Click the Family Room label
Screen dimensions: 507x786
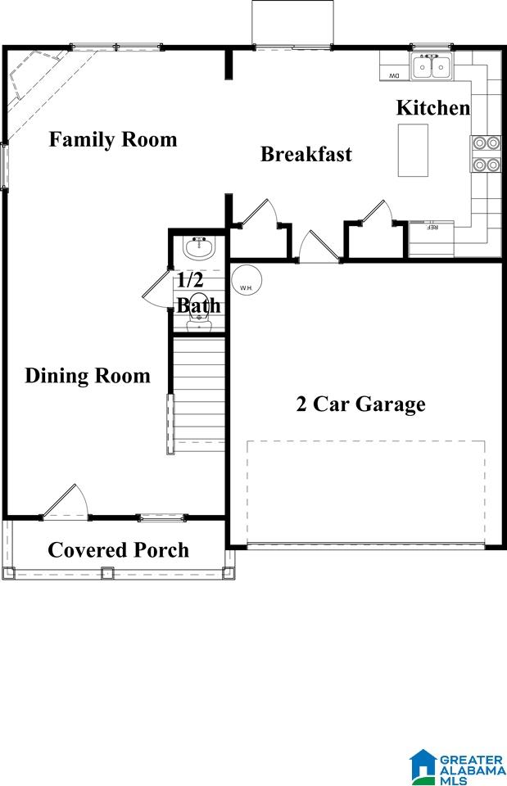point(113,139)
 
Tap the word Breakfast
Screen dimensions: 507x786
point(306,154)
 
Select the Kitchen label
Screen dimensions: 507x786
point(433,108)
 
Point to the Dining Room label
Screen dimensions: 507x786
point(88,376)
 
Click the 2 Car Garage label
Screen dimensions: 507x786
point(360,404)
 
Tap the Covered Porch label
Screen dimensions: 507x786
point(118,550)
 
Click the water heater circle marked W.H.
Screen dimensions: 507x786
point(247,281)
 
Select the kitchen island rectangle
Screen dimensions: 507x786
point(414,151)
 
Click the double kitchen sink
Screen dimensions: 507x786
point(432,66)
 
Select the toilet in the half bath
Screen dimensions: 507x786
point(198,312)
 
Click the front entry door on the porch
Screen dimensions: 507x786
point(66,502)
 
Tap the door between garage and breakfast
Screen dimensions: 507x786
point(319,246)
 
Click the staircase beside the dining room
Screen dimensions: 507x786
point(199,395)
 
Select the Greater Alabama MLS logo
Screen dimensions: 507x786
point(456,767)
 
